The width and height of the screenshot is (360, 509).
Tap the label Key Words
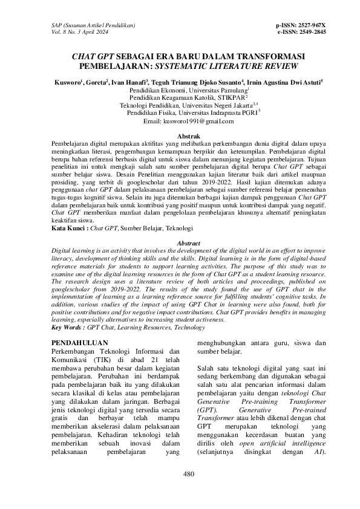(67, 327)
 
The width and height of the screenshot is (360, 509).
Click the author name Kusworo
(67, 80)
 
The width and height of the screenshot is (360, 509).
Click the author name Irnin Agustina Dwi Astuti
(285, 80)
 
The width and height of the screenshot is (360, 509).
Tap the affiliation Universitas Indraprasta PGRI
(223, 112)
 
